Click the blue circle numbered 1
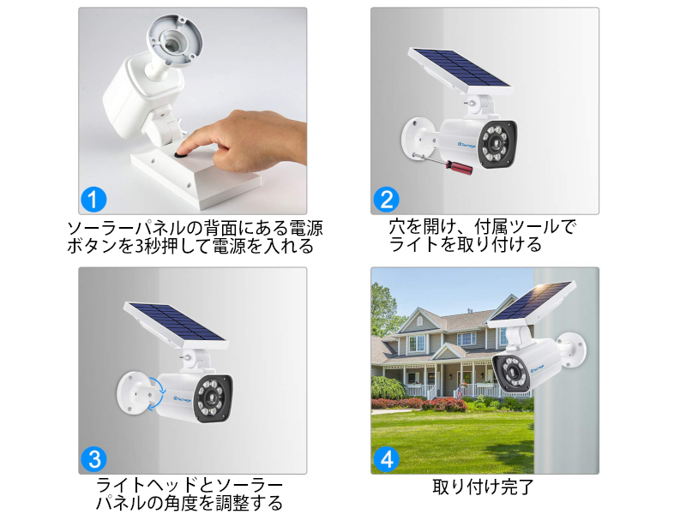(x=93, y=200)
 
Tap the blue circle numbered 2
(x=387, y=200)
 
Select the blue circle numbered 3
(x=93, y=459)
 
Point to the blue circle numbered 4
(x=387, y=459)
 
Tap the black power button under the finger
(x=181, y=154)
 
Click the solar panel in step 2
(x=459, y=71)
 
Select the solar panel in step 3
(x=175, y=326)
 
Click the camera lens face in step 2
(x=497, y=143)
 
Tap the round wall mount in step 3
(x=133, y=392)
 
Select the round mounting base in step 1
(x=174, y=41)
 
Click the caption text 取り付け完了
(x=483, y=487)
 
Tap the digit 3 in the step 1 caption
(x=140, y=247)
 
